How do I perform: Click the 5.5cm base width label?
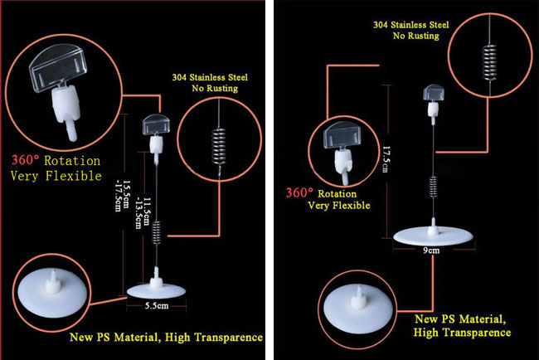click(157, 306)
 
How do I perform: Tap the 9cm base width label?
click(431, 251)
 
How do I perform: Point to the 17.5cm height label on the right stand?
click(386, 159)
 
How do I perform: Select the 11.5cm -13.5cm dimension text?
click(143, 213)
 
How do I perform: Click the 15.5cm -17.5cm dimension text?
click(122, 196)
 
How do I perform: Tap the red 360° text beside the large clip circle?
click(26, 160)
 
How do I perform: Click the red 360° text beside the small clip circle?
click(299, 192)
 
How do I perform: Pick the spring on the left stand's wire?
click(157, 232)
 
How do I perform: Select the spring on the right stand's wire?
click(433, 187)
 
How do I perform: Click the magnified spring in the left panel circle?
click(219, 147)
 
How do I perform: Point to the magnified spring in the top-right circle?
click(489, 62)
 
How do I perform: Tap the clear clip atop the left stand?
click(156, 124)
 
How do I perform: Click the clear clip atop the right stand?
click(434, 93)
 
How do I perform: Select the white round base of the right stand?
click(434, 236)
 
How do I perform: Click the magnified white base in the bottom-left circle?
click(52, 292)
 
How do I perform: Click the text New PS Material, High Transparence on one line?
click(167, 338)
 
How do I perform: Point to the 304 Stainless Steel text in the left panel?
click(210, 77)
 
